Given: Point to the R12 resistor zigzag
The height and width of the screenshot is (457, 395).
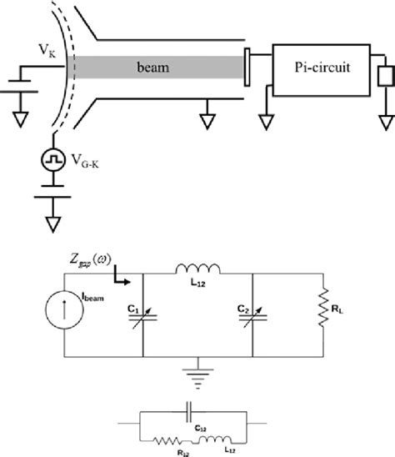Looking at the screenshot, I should pyautogui.click(x=167, y=434).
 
